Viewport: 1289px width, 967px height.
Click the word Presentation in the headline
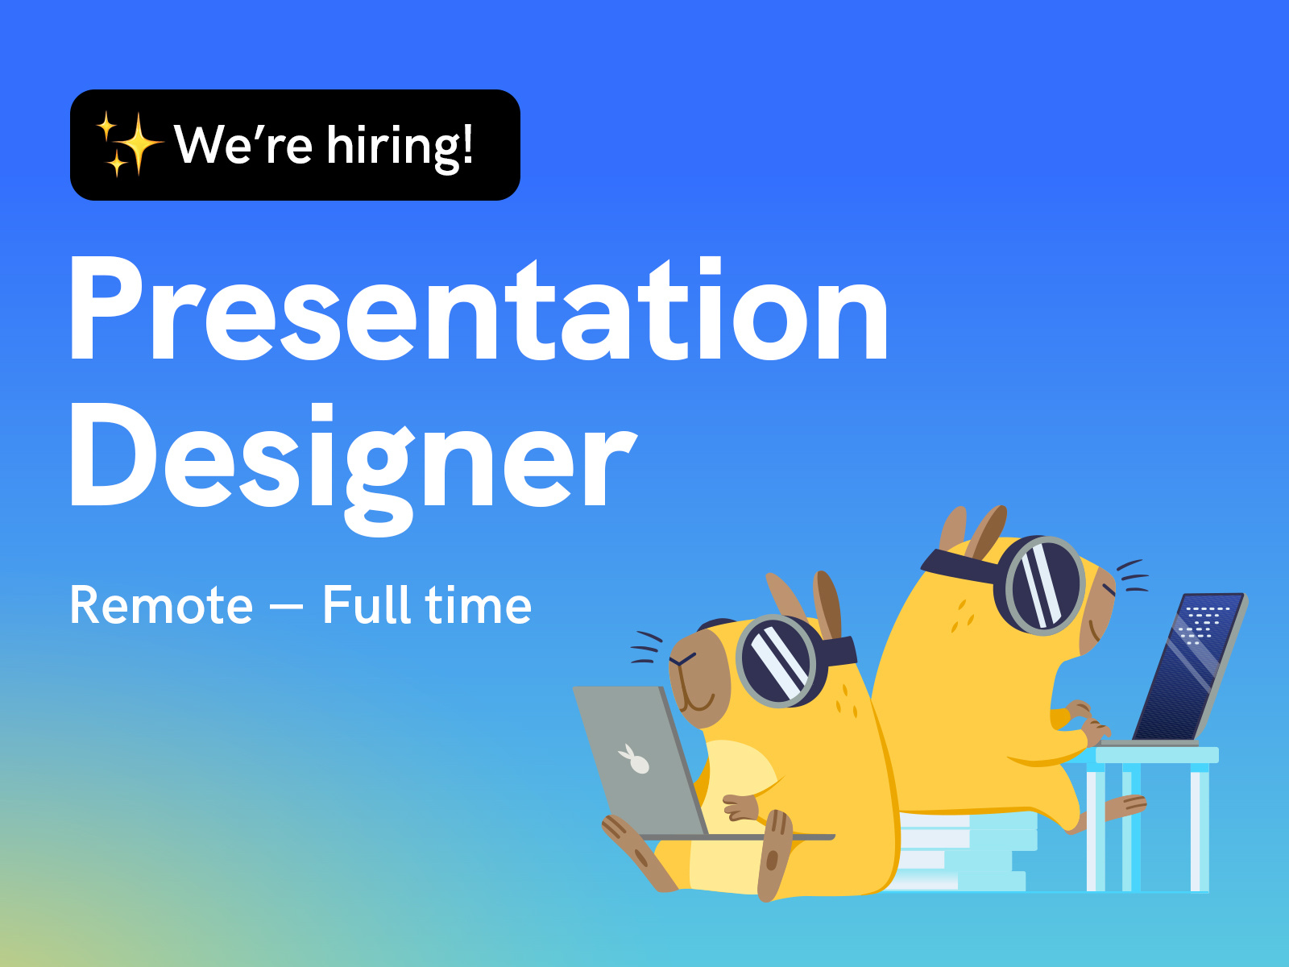pos(479,309)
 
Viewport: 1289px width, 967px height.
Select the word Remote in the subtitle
pos(161,605)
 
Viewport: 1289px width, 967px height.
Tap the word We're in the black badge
pos(243,144)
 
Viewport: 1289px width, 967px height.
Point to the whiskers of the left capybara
pos(646,648)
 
